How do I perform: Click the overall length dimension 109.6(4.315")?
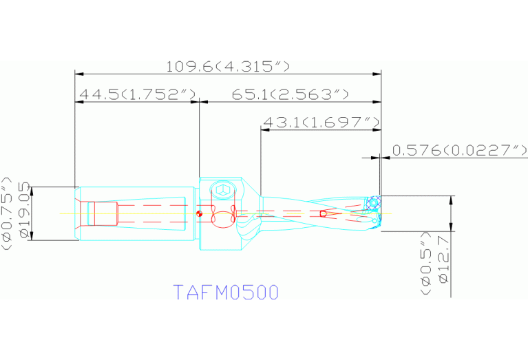tap(228, 66)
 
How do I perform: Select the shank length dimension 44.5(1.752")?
tap(138, 94)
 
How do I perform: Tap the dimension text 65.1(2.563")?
tap(290, 94)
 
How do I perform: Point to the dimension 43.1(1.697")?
tap(321, 123)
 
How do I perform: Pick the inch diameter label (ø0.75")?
tap(8, 212)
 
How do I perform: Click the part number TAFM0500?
tap(226, 293)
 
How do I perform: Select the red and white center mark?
tap(198, 214)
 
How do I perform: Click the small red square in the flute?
tap(324, 213)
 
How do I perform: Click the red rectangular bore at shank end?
tap(105, 213)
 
